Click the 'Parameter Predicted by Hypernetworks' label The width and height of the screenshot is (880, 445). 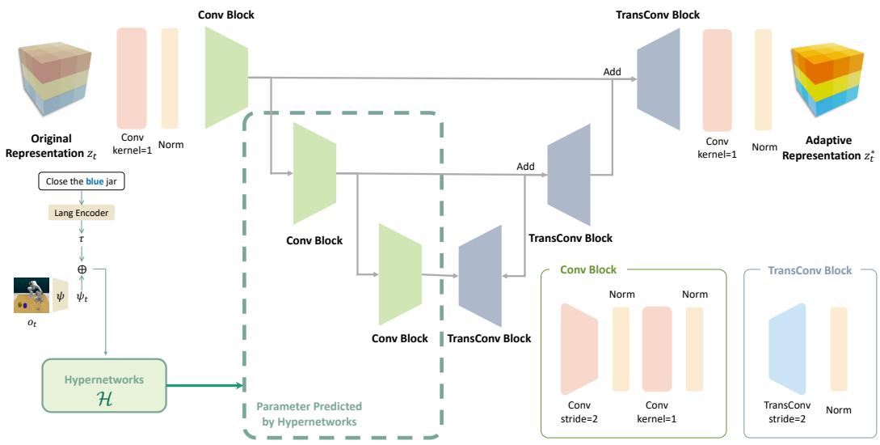pos(309,413)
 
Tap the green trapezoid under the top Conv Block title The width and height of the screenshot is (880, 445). pos(225,78)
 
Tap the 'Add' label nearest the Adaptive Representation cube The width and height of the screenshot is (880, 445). pos(612,72)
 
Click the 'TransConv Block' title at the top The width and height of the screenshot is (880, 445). pos(659,15)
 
